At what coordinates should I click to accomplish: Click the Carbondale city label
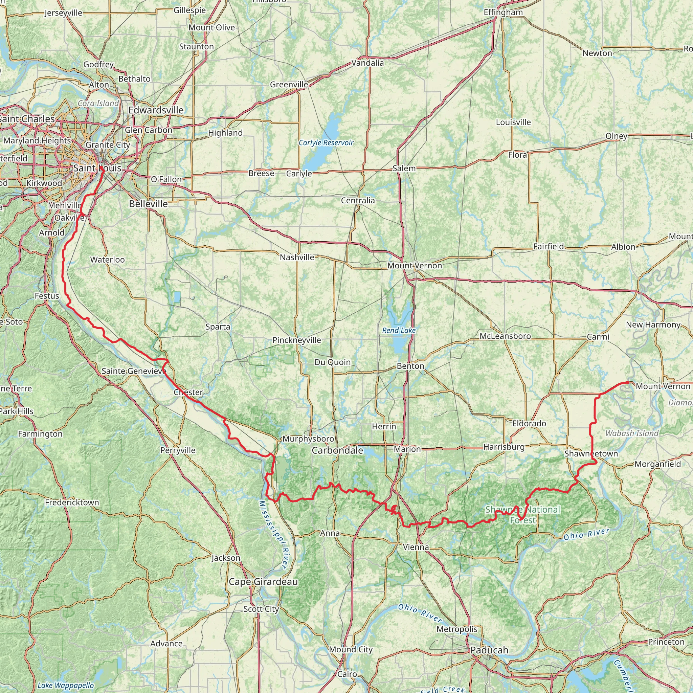click(337, 450)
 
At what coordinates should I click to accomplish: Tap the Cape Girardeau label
click(263, 582)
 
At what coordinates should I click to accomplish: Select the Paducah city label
click(489, 650)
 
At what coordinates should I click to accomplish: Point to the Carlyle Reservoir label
click(326, 143)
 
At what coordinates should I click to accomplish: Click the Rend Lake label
click(399, 330)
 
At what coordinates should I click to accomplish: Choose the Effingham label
click(503, 13)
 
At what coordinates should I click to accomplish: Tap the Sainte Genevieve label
click(134, 371)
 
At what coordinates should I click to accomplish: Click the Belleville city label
click(149, 204)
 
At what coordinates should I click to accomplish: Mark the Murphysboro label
click(308, 439)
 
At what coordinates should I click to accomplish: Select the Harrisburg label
click(504, 447)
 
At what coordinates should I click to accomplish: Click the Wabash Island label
click(632, 433)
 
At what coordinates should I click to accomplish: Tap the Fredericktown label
click(72, 502)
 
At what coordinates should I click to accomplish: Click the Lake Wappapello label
click(66, 686)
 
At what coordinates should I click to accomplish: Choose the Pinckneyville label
click(297, 340)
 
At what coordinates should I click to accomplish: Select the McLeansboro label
click(505, 336)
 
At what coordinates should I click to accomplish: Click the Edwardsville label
click(156, 110)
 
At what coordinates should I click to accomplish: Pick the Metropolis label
click(456, 629)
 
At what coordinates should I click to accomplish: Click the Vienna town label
click(416, 547)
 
